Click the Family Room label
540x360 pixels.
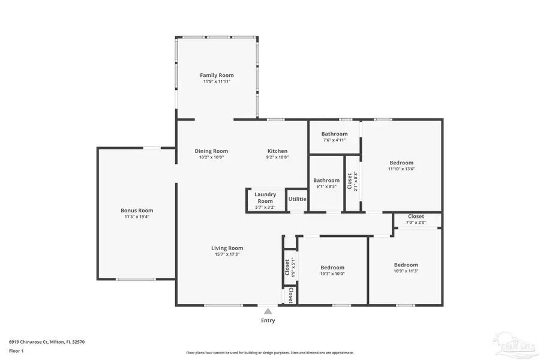point(217,75)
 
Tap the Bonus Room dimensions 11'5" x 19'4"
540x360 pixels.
point(137,217)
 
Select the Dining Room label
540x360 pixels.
point(211,151)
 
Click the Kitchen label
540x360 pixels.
point(277,151)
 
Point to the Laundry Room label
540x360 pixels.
point(265,197)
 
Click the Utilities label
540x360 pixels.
point(297,199)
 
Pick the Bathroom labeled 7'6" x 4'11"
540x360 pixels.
point(334,134)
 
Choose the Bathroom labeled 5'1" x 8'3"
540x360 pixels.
point(326,180)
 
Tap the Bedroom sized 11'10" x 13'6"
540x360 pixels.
point(401,163)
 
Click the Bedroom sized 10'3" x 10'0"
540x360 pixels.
point(332,268)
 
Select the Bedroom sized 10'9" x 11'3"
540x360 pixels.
point(406,265)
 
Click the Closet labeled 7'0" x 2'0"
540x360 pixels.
point(416,216)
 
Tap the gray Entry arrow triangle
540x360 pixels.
point(268,311)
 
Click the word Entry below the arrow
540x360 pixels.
point(268,320)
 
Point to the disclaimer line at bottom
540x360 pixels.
point(269,353)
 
